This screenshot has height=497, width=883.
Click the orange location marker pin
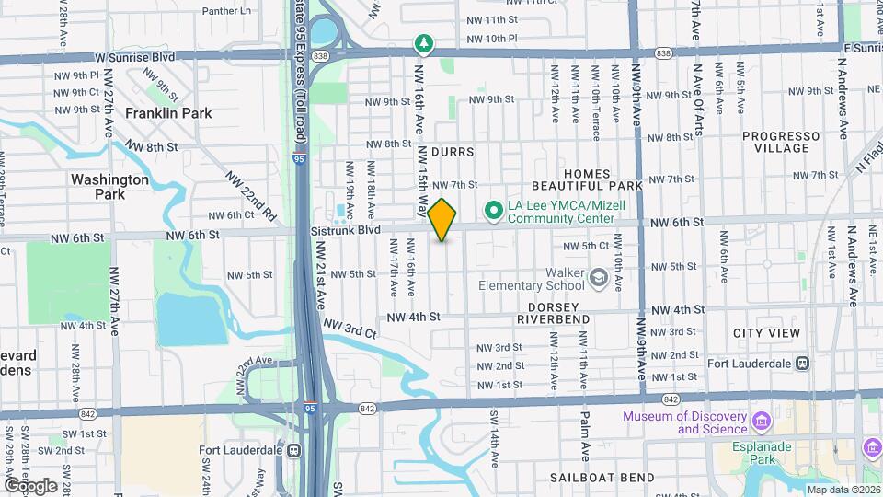(442, 220)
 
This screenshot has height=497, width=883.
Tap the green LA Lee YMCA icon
(493, 212)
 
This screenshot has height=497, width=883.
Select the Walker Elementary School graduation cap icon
(599, 278)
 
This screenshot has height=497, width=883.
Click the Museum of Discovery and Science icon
(761, 422)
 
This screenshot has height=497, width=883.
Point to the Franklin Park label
(169, 113)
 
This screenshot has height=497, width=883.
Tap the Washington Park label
(109, 187)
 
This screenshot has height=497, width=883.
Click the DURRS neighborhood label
(452, 152)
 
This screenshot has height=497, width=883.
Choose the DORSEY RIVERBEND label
(553, 313)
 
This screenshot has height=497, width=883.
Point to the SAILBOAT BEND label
(602, 478)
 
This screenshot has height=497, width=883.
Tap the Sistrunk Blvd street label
(346, 230)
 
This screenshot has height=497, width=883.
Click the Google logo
(30, 485)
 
